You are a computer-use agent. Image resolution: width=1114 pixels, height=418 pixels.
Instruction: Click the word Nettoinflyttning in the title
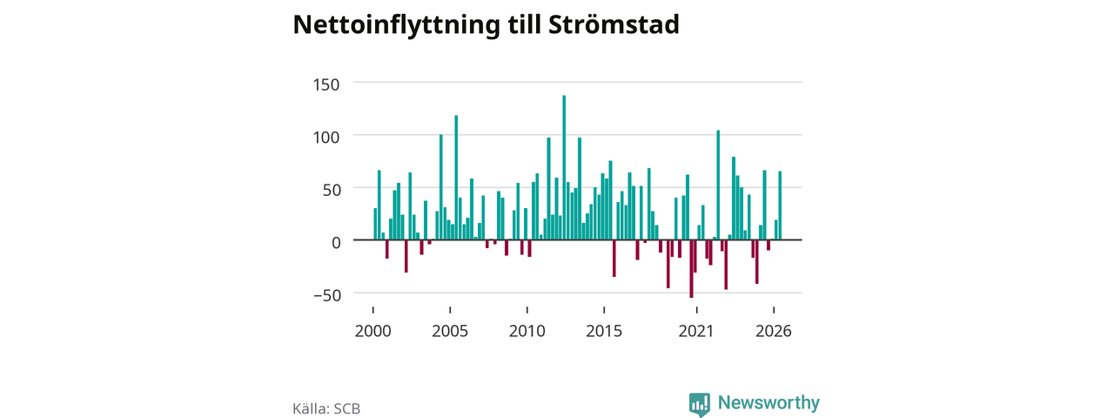coord(396,25)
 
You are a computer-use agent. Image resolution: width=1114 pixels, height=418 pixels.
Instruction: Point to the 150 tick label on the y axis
coord(326,84)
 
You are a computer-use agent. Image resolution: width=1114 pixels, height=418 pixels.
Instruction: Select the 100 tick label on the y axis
coord(326,138)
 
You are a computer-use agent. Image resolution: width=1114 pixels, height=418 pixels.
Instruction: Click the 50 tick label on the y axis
coord(332,190)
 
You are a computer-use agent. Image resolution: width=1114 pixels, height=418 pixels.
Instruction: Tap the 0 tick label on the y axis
coord(336,243)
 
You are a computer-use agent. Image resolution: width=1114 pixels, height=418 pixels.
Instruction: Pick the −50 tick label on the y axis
coord(328,295)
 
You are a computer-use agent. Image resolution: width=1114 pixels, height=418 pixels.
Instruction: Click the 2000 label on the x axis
coord(373,331)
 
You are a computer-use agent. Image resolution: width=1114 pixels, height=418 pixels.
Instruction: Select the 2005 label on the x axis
coord(450,331)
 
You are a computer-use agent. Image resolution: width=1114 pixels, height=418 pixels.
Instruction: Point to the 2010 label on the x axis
coord(527,331)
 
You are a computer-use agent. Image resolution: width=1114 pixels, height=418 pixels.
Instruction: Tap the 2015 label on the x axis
coord(604,331)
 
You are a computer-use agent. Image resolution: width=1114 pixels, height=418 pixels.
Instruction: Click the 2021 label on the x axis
coord(696,331)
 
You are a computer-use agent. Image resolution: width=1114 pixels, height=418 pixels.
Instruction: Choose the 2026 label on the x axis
coord(774,331)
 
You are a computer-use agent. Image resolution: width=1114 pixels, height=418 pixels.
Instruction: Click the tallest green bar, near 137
coord(564,168)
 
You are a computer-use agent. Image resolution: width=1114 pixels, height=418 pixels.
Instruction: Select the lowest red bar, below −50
coord(691,269)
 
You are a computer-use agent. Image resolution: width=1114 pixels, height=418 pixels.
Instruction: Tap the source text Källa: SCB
coord(326,408)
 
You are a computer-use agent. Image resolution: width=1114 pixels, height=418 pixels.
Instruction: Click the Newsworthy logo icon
coord(700,404)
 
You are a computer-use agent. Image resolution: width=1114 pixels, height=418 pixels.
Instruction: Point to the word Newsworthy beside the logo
coord(768,402)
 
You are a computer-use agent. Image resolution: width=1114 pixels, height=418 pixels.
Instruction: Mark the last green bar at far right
coord(780,206)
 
